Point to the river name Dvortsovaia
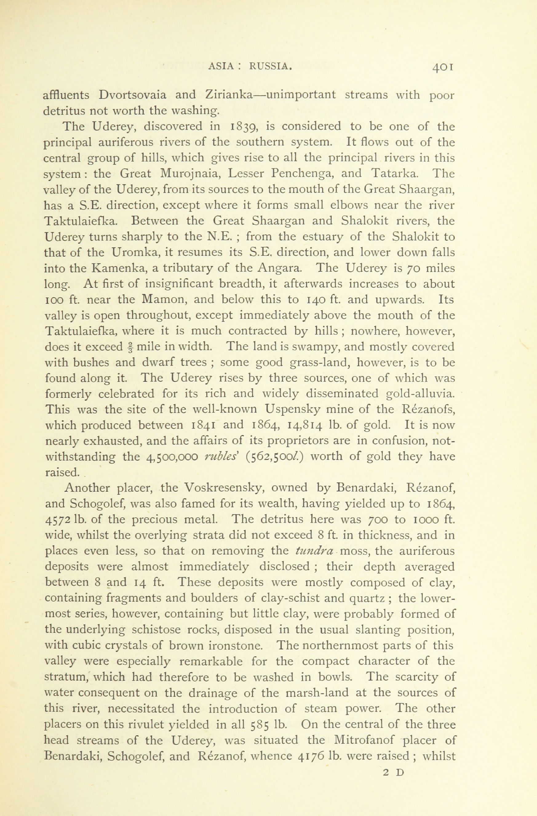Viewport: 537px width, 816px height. pyautogui.click(x=132, y=95)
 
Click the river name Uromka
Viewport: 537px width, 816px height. pyautogui.click(x=134, y=253)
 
